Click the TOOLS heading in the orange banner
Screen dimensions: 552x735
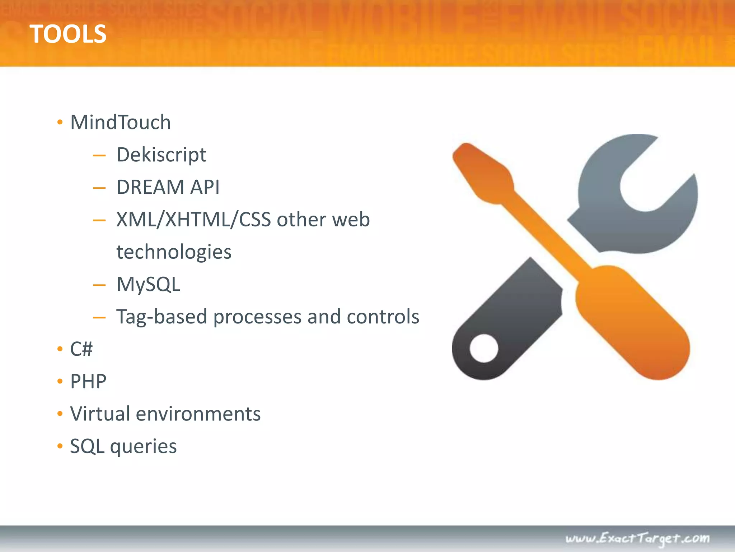(68, 34)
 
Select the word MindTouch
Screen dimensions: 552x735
(120, 122)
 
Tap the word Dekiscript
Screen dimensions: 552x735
(161, 155)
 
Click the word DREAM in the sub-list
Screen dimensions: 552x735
(150, 187)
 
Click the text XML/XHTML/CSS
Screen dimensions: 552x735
(193, 220)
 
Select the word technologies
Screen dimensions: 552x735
(174, 252)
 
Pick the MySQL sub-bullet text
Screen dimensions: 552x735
(148, 284)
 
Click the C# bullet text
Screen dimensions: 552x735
(81, 349)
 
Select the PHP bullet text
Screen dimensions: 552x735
(88, 381)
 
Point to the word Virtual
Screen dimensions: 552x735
(100, 414)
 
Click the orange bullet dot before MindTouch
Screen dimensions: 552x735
(60, 123)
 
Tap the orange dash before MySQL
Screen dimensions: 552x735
(99, 286)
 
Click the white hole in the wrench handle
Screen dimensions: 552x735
(484, 348)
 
